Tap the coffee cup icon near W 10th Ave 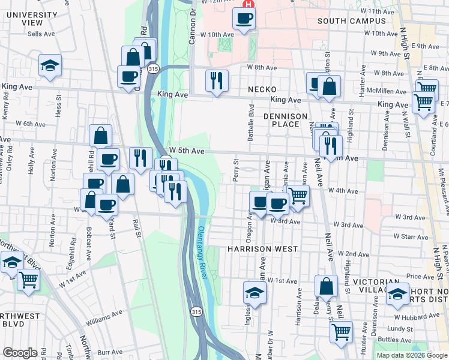244,19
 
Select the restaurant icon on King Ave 217,80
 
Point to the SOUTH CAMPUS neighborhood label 351,21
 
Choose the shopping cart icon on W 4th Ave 298,195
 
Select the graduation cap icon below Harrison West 255,293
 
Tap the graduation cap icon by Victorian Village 397,293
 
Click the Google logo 19,353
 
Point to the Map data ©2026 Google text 412,355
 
